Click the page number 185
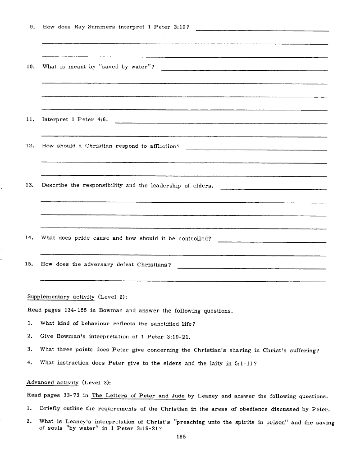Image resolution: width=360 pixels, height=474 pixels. [x=182, y=437]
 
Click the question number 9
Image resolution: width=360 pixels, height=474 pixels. [x=32, y=27]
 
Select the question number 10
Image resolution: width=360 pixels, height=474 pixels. [x=31, y=67]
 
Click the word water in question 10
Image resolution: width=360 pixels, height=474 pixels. [x=141, y=67]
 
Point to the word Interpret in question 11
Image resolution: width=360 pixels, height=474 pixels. [x=54, y=119]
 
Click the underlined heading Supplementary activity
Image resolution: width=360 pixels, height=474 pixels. [x=61, y=297]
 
